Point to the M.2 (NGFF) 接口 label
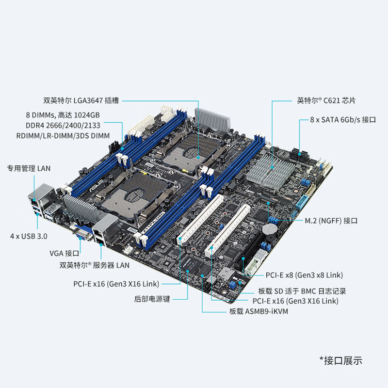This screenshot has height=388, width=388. pyautogui.click(x=331, y=221)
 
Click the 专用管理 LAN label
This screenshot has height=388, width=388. pyautogui.click(x=28, y=169)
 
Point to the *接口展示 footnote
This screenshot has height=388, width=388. pyautogui.click(x=340, y=360)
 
